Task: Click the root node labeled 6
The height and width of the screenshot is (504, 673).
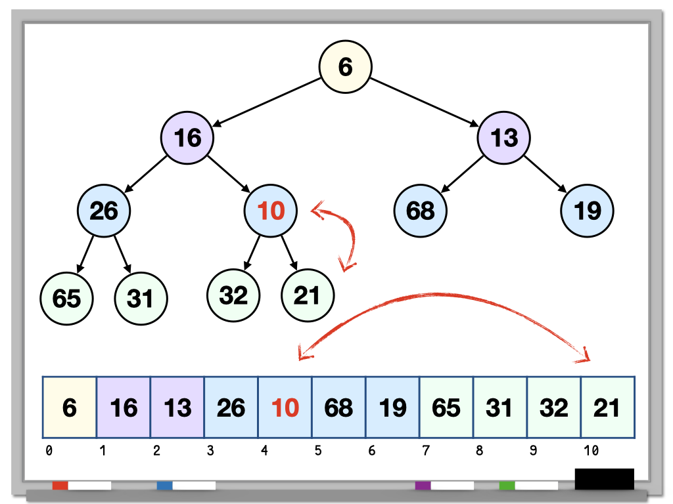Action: tap(346, 66)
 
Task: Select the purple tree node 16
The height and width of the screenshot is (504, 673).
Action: tap(187, 137)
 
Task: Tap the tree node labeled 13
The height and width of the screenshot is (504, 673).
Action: tap(503, 137)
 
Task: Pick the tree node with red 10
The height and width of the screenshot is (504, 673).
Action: tap(271, 211)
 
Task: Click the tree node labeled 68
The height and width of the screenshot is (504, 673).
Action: tap(420, 211)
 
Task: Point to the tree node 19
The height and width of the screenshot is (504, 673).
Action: tap(587, 211)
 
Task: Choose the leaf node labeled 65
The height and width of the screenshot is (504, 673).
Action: tap(66, 298)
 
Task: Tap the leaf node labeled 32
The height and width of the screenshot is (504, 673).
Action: tap(233, 295)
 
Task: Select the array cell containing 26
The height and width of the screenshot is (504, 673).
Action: tap(231, 408)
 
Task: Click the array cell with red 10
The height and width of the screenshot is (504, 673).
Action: tap(285, 408)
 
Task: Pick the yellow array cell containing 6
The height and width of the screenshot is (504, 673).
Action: tap(70, 408)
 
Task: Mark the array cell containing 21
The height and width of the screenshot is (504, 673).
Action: tap(607, 408)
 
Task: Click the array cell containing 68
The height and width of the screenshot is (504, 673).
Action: tap(338, 408)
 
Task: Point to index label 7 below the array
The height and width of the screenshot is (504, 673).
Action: tap(425, 451)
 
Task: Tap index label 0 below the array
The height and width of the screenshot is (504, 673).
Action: tap(49, 451)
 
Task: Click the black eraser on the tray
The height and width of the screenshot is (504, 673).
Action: tap(604, 479)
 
